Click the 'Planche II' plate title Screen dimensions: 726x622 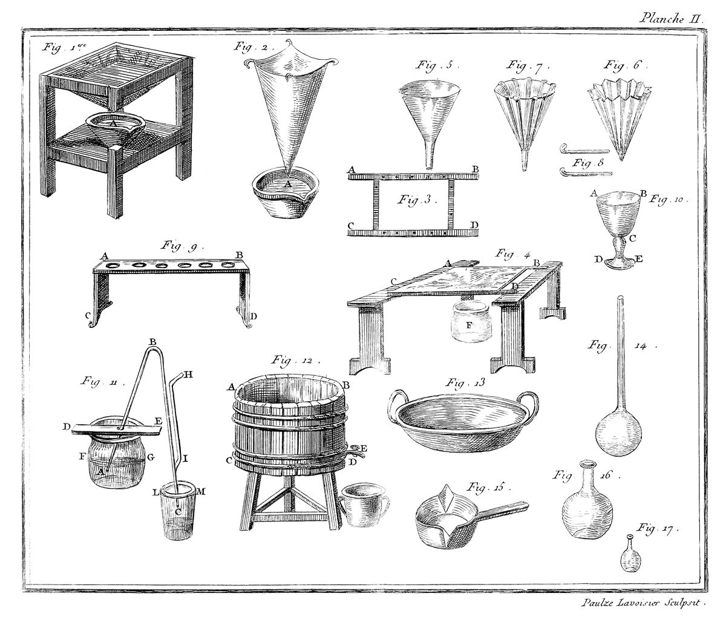(x=671, y=19)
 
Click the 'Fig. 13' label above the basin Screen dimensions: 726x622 (x=465, y=382)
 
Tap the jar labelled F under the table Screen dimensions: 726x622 (x=469, y=322)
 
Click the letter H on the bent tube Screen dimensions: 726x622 (x=188, y=375)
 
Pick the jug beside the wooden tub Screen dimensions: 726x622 (x=364, y=505)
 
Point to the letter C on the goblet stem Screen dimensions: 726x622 (x=633, y=239)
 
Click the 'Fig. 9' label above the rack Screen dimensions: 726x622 (x=182, y=246)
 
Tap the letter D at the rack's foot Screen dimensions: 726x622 (x=253, y=316)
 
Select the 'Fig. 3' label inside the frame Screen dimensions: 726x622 (x=417, y=200)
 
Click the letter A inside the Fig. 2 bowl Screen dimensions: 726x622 (x=287, y=183)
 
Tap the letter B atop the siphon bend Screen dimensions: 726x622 (x=152, y=341)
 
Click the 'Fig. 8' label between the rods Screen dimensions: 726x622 (x=588, y=163)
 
